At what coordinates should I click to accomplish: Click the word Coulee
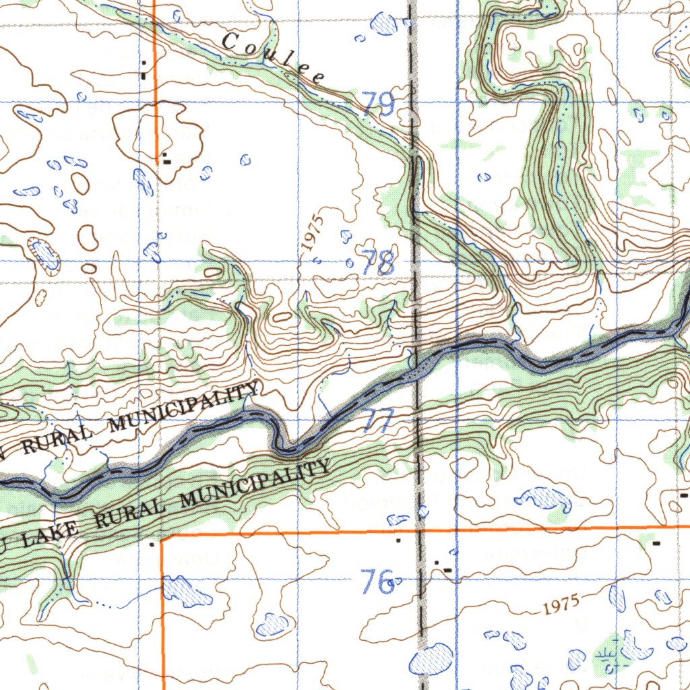(273, 59)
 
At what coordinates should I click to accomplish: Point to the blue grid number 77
(379, 421)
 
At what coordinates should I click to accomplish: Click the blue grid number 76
(377, 581)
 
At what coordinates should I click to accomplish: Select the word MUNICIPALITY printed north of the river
(184, 408)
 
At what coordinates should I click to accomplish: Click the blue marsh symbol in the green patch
(606, 656)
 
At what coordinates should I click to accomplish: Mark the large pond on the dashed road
(431, 658)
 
